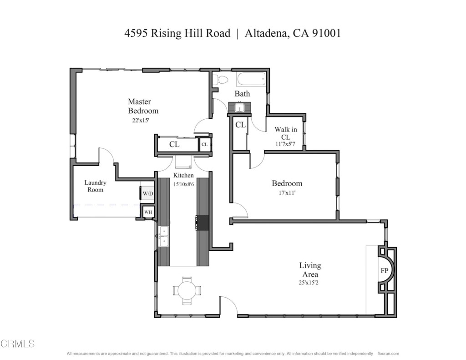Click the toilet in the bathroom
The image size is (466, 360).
point(221,80)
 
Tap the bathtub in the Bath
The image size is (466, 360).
point(251,80)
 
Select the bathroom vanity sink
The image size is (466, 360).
point(239,108)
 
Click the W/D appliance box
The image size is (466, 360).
point(148,193)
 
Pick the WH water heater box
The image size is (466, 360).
point(148,212)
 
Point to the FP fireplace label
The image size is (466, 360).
point(384,270)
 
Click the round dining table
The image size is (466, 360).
point(187,290)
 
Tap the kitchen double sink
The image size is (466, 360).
point(163,236)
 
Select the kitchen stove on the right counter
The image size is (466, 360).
point(203,223)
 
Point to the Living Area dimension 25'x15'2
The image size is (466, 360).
point(309,283)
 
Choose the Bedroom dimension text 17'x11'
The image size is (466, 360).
point(287,193)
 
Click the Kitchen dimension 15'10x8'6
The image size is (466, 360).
point(183,184)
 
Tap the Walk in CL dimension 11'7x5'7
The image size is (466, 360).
point(285,144)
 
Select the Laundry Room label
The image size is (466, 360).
point(95,186)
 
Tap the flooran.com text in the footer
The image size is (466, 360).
point(388,354)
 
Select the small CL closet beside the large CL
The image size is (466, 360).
point(204,145)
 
